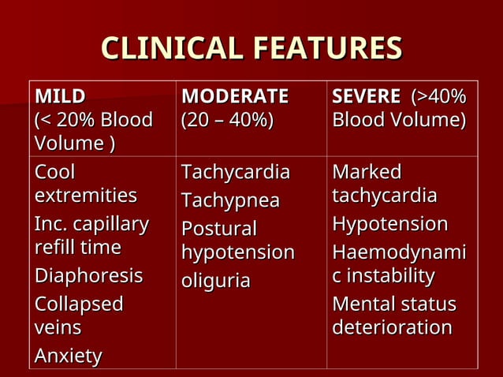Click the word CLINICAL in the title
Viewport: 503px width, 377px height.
click(170, 49)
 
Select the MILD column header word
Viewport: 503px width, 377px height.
click(60, 97)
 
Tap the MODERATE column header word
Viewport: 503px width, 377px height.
click(235, 97)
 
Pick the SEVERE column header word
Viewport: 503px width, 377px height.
click(367, 97)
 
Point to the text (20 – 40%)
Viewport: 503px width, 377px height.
click(227, 121)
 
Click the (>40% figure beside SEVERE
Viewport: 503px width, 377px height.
click(438, 97)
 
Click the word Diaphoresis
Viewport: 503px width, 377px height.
click(88, 276)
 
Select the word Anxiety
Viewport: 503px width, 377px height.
click(68, 356)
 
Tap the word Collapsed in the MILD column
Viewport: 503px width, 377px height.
click(79, 304)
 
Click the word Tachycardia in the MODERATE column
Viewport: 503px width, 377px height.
click(235, 172)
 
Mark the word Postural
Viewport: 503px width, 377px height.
click(219, 229)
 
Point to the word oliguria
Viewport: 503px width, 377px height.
click(216, 281)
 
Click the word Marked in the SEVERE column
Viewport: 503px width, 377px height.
click(367, 172)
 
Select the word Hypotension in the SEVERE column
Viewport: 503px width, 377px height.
click(389, 225)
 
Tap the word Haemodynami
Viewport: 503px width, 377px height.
click(399, 252)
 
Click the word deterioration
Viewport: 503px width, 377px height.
click(392, 327)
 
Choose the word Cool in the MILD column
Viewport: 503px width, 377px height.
click(55, 172)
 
